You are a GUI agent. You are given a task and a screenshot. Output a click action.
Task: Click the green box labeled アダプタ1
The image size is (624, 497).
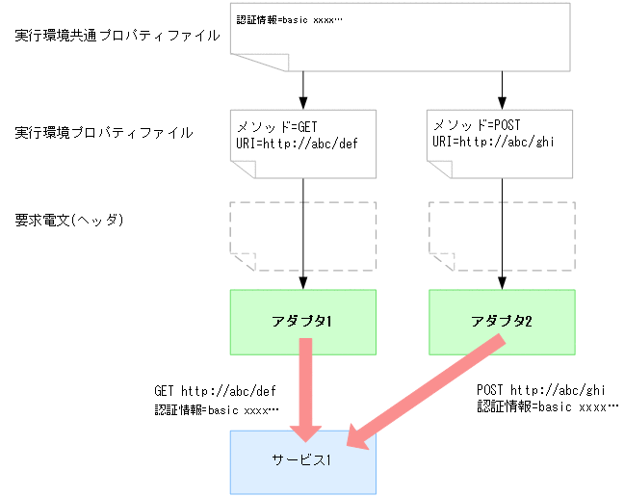[302, 321]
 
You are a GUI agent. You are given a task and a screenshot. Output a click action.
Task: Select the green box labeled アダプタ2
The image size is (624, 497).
[502, 321]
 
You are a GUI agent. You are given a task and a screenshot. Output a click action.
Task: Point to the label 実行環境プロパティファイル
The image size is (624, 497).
[104, 132]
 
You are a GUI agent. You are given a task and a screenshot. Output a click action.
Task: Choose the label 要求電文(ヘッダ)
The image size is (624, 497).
[72, 220]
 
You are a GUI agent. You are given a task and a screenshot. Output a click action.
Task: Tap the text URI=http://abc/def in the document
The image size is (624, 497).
[291, 142]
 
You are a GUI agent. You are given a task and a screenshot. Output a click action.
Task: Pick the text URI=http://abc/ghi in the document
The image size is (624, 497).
[491, 142]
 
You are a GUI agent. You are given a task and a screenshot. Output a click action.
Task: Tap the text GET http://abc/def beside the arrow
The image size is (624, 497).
[216, 392]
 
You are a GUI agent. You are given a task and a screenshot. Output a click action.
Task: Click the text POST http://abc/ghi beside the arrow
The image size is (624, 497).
[540, 390]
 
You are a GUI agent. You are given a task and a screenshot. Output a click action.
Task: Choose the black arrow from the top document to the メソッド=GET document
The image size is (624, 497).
[303, 90]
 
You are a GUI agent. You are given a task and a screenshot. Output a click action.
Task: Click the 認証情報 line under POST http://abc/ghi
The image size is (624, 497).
[548, 406]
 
